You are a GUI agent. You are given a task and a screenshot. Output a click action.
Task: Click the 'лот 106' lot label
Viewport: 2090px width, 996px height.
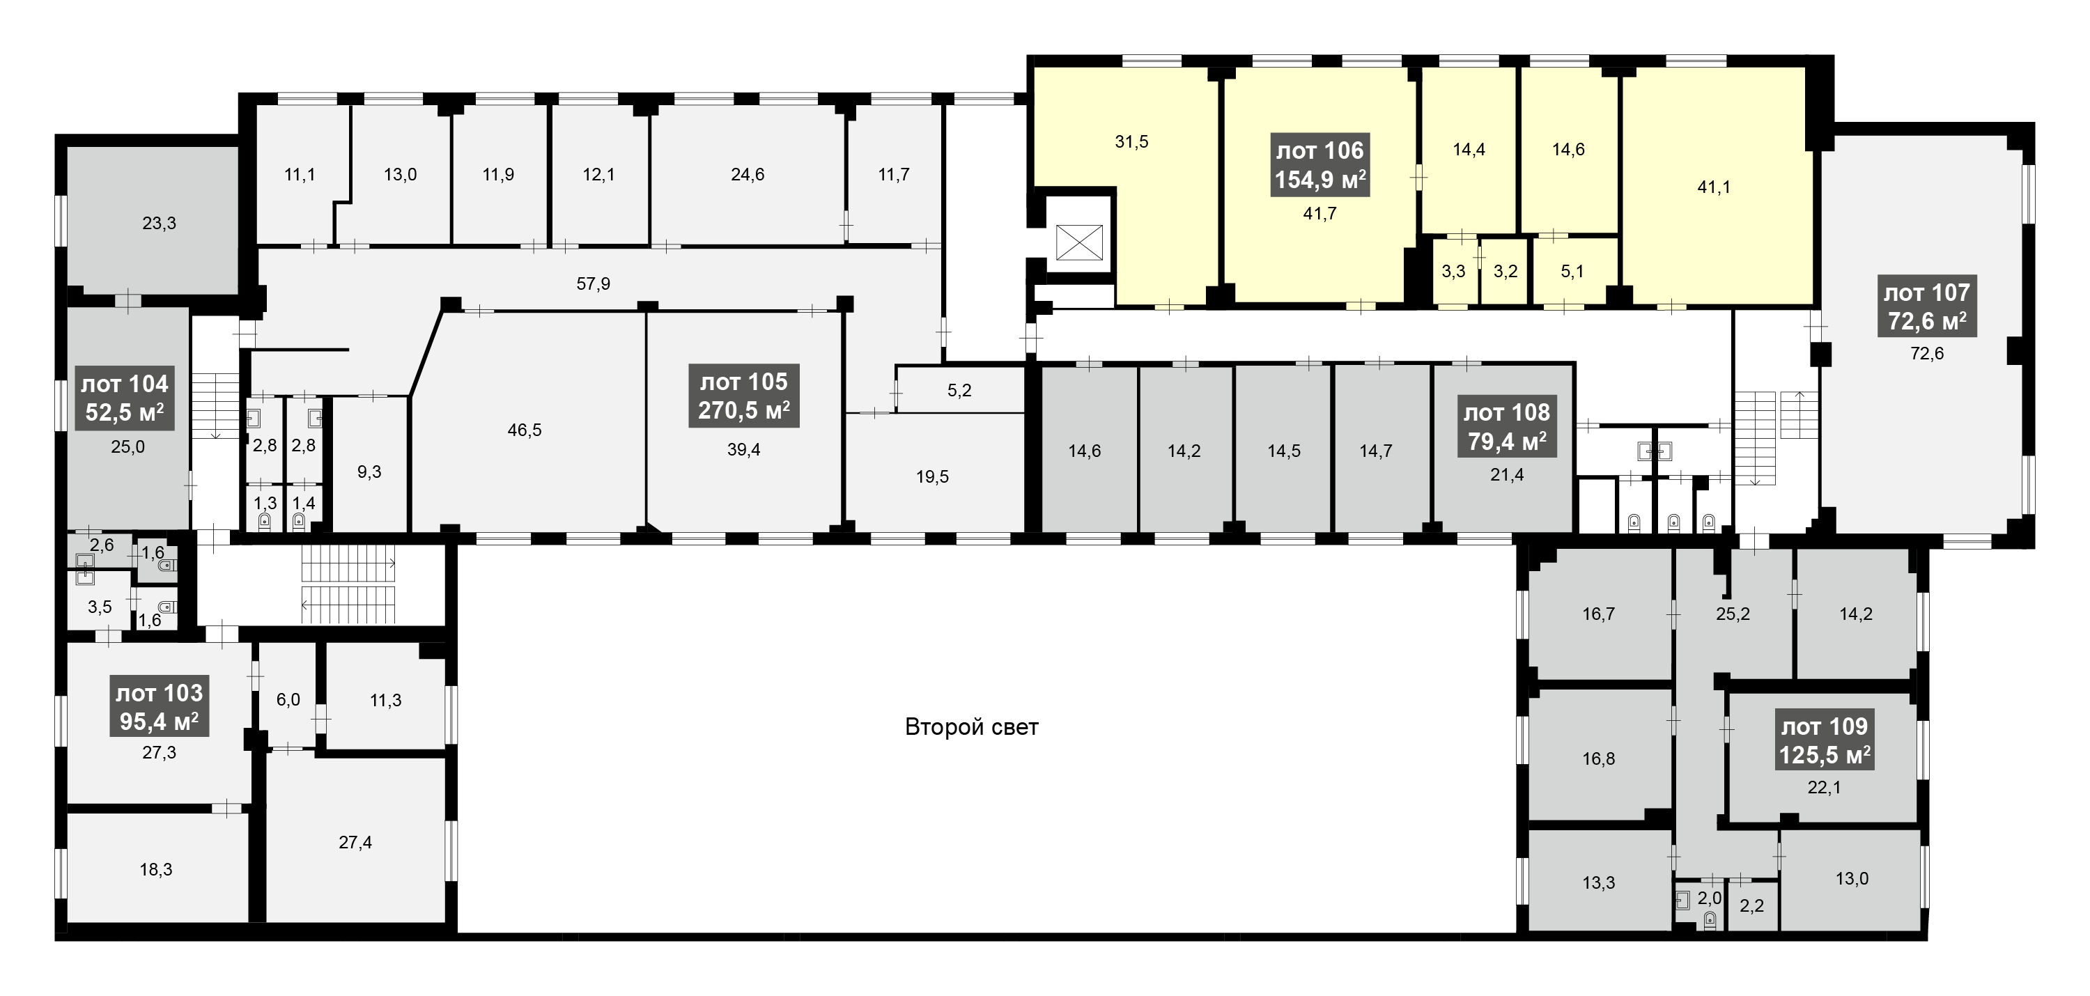click(x=1320, y=164)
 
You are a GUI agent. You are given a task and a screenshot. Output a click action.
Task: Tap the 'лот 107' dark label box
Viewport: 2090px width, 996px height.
click(x=1926, y=306)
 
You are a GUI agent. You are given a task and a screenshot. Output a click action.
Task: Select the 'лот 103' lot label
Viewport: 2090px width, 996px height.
click(x=159, y=707)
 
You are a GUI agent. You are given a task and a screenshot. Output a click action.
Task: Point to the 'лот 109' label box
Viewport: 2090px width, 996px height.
click(x=1825, y=740)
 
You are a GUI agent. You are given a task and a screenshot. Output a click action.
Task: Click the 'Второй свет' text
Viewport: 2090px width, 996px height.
click(x=971, y=726)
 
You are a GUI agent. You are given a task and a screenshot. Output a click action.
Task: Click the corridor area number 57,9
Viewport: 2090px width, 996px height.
click(x=593, y=284)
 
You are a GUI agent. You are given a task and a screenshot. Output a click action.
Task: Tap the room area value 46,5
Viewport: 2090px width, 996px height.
click(x=524, y=430)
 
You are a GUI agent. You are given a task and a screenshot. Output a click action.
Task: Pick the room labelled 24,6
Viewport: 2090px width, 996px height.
click(x=748, y=174)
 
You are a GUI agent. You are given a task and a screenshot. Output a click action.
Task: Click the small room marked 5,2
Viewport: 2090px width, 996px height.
click(x=959, y=390)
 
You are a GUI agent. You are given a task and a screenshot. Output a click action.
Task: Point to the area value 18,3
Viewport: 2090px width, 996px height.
click(x=156, y=869)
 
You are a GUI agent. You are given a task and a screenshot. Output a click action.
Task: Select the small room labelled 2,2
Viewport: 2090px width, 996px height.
click(x=1751, y=905)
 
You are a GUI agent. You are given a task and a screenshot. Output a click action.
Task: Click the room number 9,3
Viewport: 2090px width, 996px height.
click(x=369, y=472)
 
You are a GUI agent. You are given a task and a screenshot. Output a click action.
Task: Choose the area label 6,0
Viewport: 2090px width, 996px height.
click(x=288, y=699)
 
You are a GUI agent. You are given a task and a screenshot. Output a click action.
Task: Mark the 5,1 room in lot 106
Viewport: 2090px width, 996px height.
click(x=1572, y=271)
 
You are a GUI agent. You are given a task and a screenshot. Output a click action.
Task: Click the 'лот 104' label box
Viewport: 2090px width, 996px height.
click(x=125, y=398)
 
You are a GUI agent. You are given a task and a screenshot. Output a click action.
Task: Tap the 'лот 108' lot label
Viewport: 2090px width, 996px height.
click(x=1507, y=427)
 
